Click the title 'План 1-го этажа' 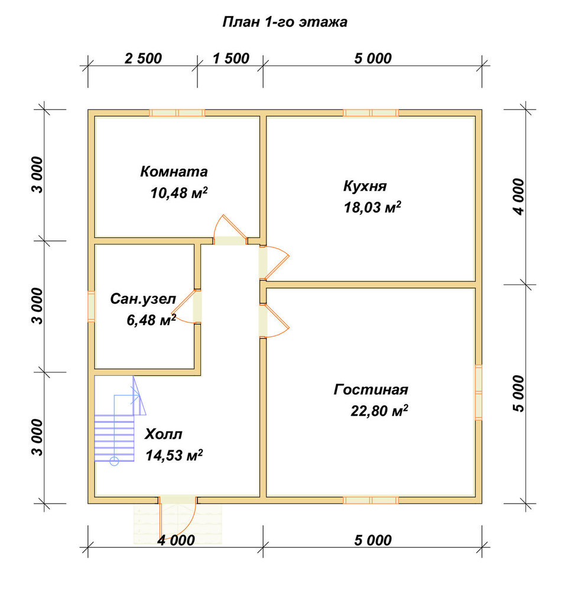click(x=285, y=22)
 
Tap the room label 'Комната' click(x=174, y=171)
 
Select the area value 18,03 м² click(x=372, y=207)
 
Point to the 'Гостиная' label click(x=371, y=389)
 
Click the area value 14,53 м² click(x=174, y=455)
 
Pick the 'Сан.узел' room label click(x=143, y=299)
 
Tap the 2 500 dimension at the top click(x=143, y=59)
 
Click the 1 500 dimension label click(x=231, y=59)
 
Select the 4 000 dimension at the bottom click(x=176, y=540)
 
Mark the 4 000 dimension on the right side click(x=519, y=197)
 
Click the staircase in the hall click(x=120, y=418)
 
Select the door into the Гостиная click(x=274, y=320)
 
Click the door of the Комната click(x=230, y=230)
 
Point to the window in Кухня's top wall click(x=371, y=113)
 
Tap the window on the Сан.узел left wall click(x=91, y=306)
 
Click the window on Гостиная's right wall click(x=479, y=392)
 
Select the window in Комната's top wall click(x=177, y=113)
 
